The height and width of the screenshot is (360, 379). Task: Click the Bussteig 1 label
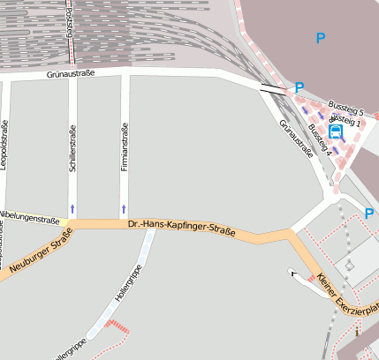(x=345, y=120)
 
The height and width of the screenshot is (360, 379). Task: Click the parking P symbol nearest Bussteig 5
(x=299, y=88)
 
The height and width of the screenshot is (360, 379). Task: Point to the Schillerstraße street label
(x=72, y=149)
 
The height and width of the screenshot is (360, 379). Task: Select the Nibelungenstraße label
(x=29, y=215)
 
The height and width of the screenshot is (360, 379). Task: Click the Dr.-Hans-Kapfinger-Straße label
(x=181, y=229)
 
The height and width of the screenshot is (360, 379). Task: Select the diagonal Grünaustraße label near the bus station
(x=296, y=138)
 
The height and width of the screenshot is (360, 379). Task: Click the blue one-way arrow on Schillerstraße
(x=72, y=208)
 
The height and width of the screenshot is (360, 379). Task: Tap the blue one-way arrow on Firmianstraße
(x=124, y=208)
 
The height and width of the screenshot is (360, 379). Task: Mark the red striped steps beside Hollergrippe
(x=117, y=328)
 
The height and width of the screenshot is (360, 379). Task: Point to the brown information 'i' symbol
(x=358, y=334)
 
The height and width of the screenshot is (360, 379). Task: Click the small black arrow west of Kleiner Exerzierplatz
(x=293, y=274)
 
